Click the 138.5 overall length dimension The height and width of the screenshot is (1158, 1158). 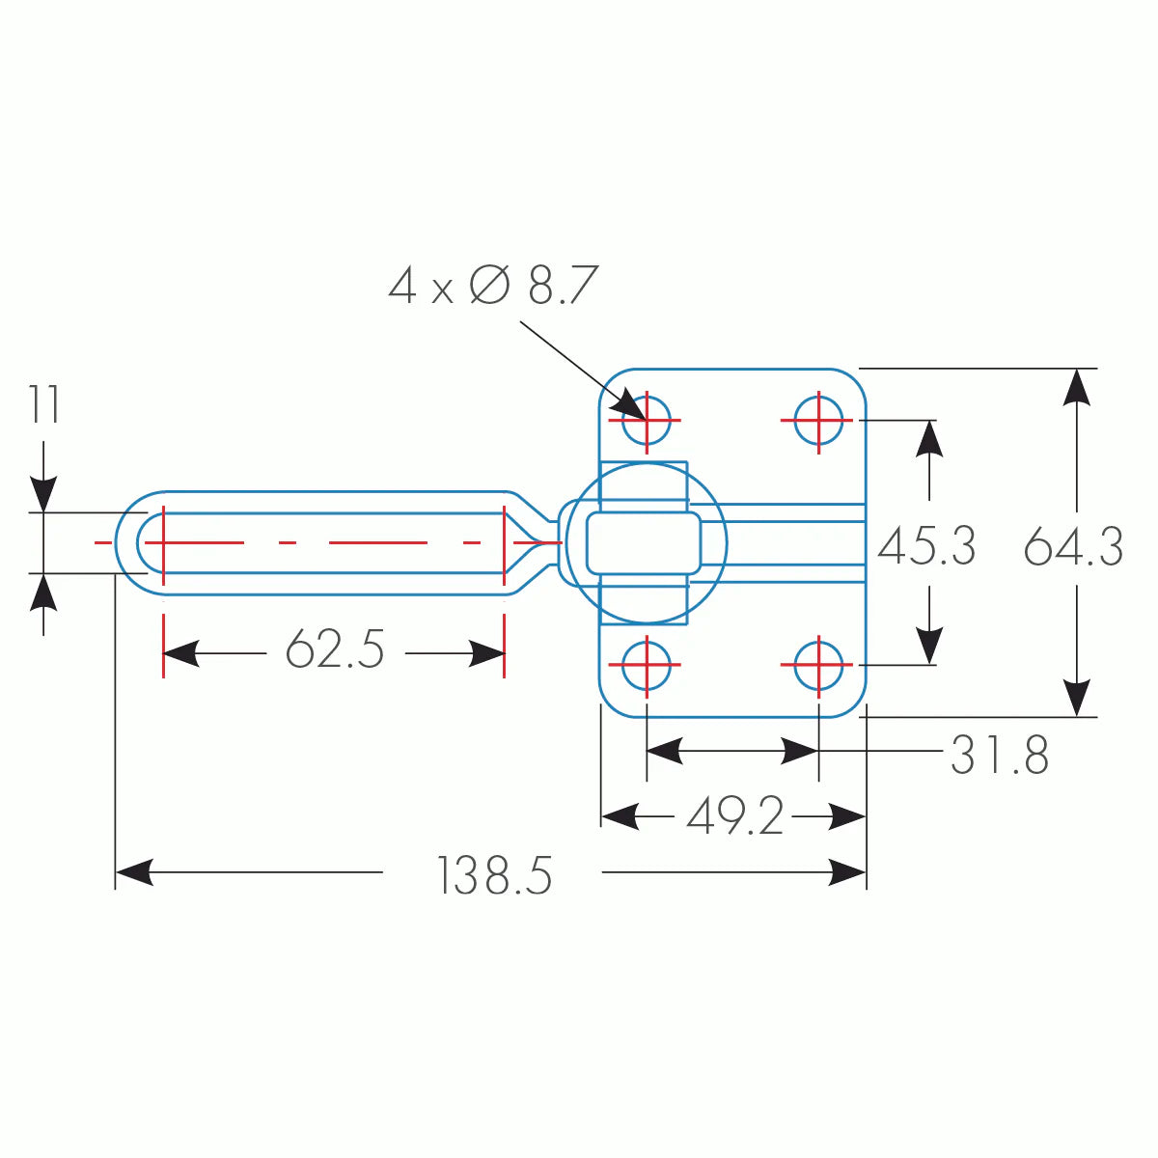pyautogui.click(x=494, y=876)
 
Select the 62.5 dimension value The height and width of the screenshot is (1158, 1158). pyautogui.click(x=335, y=649)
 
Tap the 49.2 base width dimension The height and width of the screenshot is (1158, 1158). pyautogui.click(x=734, y=818)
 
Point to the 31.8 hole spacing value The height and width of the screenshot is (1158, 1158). pyautogui.click(x=999, y=756)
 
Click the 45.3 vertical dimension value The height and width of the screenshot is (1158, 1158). pyautogui.click(x=926, y=546)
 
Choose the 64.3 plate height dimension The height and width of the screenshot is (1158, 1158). pyautogui.click(x=1073, y=546)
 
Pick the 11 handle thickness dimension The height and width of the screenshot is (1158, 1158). pyautogui.click(x=43, y=405)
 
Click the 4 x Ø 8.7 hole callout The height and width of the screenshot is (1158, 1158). pyautogui.click(x=493, y=287)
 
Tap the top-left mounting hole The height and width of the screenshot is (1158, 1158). pyautogui.click(x=646, y=420)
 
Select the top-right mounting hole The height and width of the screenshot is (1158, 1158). pyautogui.click(x=818, y=420)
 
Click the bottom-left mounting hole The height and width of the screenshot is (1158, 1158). pyautogui.click(x=646, y=665)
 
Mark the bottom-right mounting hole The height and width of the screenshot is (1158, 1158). pyautogui.click(x=818, y=665)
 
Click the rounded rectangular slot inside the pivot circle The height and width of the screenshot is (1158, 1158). pyautogui.click(x=644, y=542)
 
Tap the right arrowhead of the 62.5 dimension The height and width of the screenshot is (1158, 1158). pyautogui.click(x=487, y=653)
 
